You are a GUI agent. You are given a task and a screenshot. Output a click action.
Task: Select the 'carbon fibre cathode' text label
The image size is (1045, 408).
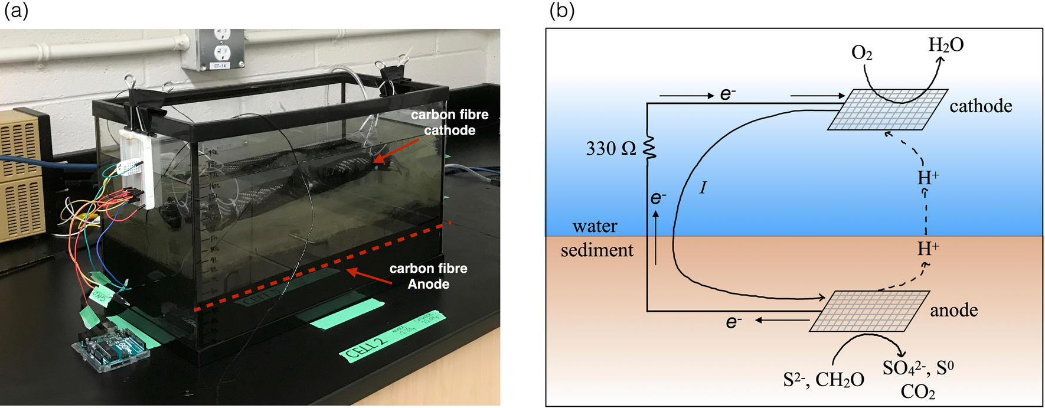click(x=450, y=122)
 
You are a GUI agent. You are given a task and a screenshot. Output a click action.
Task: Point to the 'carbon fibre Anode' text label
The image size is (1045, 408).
click(x=428, y=276)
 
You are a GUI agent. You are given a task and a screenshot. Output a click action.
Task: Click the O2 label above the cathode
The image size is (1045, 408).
click(x=861, y=53)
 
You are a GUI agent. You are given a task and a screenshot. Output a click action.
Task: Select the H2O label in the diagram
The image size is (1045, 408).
click(x=946, y=45)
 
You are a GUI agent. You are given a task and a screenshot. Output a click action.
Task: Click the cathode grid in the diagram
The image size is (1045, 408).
click(x=888, y=109)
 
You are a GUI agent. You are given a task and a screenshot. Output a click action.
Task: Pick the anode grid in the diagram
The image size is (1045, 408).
click(x=870, y=311)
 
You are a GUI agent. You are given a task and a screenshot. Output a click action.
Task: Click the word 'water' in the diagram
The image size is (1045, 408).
click(x=595, y=226)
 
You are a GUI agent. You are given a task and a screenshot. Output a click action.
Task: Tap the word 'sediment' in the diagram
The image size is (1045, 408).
click(x=597, y=250)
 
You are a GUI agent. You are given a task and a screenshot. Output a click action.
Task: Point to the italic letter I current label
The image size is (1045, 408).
click(x=703, y=188)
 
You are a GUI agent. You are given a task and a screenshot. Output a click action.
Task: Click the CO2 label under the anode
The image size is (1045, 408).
click(x=917, y=391)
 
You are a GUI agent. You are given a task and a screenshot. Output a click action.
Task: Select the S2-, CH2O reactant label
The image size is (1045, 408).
click(x=824, y=380)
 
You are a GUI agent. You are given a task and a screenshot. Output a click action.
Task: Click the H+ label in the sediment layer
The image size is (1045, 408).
click(x=928, y=249)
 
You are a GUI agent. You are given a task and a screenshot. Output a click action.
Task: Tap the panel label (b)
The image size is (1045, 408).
click(x=561, y=10)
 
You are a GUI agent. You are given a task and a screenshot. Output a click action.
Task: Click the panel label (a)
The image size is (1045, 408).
click(x=16, y=10)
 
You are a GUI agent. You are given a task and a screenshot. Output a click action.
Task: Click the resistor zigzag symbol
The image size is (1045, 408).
click(x=649, y=148)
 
